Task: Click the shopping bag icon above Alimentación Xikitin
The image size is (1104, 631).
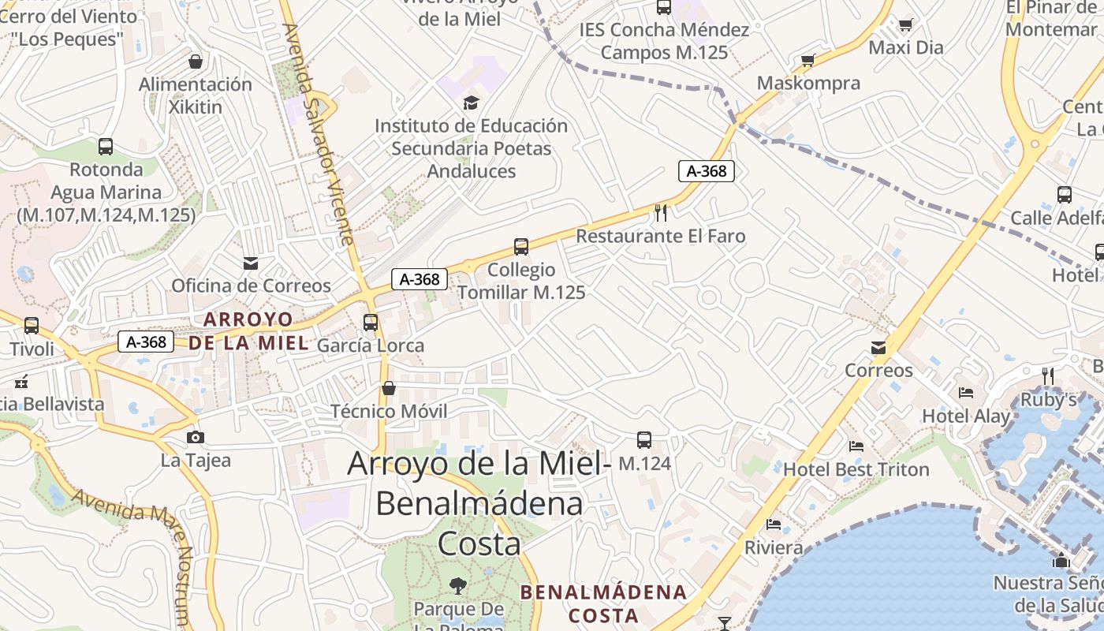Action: click(196, 61)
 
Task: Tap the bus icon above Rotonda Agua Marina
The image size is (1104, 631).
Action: click(106, 146)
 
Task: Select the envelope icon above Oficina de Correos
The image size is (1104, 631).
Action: click(251, 263)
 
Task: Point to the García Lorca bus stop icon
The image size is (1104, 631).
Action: click(371, 322)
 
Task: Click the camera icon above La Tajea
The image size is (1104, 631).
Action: click(196, 437)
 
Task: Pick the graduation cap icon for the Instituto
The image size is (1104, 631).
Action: click(471, 102)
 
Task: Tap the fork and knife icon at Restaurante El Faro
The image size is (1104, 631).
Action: click(661, 212)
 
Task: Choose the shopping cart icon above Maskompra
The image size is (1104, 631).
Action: click(807, 60)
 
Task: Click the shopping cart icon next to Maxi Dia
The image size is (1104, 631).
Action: click(905, 24)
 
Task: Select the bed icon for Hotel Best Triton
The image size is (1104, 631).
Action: click(856, 446)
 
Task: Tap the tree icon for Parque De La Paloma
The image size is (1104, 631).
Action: click(457, 585)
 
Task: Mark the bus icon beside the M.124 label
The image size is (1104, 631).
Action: click(644, 439)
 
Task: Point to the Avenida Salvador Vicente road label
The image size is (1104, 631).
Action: click(319, 134)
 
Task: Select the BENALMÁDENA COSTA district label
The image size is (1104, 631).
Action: click(603, 603)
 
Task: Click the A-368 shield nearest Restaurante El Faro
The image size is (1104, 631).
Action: click(707, 170)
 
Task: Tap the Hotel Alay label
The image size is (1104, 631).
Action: click(965, 416)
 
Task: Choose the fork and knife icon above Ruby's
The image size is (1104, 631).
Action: click(1048, 375)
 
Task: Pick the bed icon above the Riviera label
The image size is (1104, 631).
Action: click(774, 524)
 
